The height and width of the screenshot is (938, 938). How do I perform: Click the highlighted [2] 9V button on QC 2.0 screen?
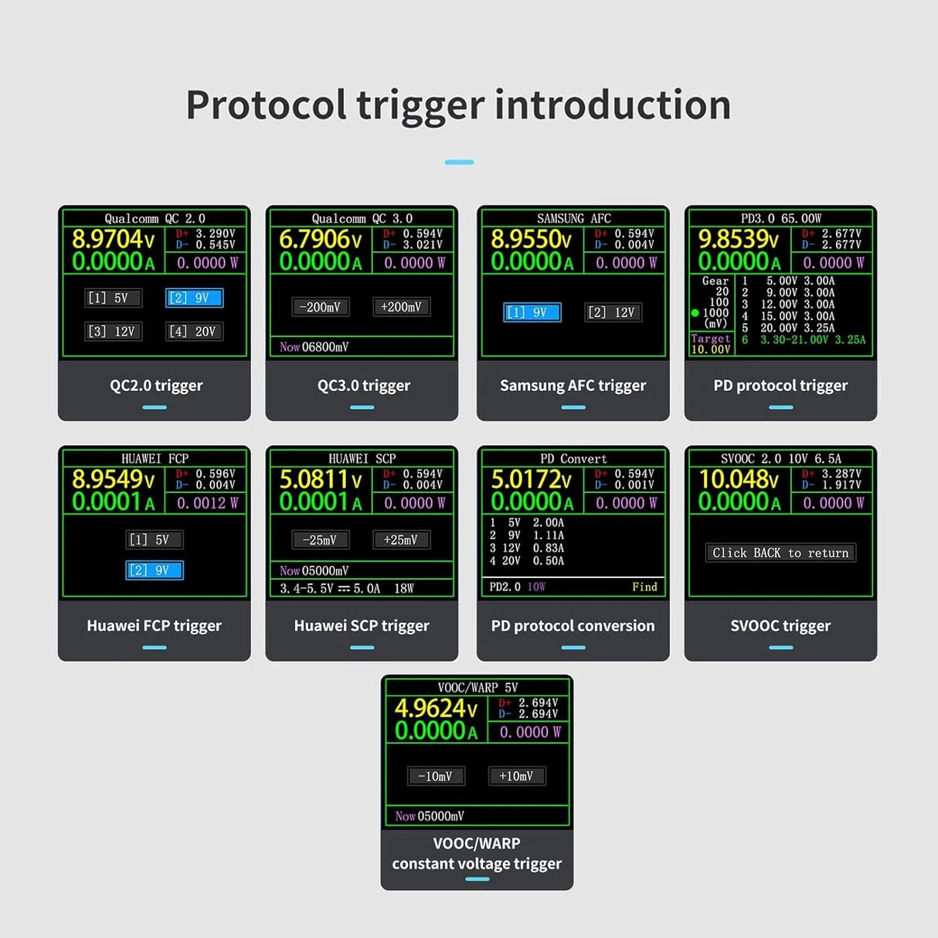194,298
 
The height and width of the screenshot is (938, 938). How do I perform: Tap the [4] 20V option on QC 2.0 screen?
194,331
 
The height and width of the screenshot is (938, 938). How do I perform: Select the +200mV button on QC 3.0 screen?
401,307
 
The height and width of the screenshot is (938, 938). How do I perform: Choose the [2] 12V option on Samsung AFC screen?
612,312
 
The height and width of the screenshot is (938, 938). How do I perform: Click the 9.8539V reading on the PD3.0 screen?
739,240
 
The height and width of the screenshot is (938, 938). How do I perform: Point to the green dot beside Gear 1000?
695,313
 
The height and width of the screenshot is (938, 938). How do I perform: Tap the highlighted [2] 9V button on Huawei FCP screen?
154,570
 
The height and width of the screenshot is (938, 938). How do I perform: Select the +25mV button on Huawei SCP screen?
401,540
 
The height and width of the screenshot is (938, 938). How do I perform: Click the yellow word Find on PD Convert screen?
644,587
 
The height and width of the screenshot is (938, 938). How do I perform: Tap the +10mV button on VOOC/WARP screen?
516,776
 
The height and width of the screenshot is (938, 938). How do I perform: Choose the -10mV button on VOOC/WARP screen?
436,776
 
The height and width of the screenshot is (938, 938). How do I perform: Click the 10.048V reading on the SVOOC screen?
739,480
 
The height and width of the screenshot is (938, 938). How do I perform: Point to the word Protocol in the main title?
266,105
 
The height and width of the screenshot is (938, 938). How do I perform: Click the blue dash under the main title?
459,162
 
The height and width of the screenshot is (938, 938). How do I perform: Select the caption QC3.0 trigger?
363,386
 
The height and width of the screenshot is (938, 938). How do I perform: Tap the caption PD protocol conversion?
573,626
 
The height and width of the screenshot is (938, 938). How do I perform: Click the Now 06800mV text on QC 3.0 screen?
314,347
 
